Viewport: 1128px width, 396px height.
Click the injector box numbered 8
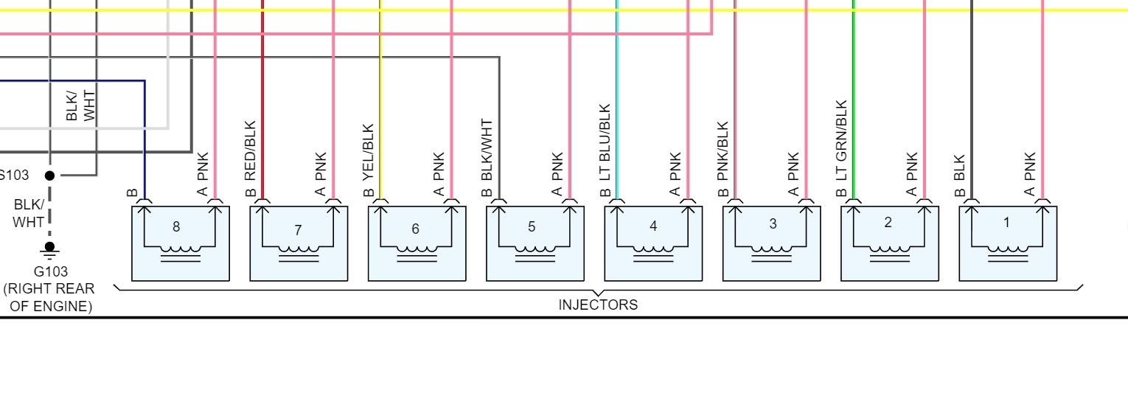pos(181,243)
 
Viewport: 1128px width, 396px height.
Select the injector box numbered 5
pos(535,243)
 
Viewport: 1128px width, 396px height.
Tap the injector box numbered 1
pos(1008,243)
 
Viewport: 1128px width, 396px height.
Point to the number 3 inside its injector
pos(773,224)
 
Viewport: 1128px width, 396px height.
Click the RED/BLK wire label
pos(250,151)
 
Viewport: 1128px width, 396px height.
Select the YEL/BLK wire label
pos(369,153)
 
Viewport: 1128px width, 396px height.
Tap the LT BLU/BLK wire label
pos(605,143)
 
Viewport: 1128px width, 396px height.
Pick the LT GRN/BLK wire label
pos(841,141)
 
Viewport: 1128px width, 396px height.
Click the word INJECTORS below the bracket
pos(598,305)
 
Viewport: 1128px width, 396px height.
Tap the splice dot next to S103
pos(49,176)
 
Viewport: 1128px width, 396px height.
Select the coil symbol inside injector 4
pos(653,251)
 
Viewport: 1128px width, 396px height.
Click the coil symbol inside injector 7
pos(299,251)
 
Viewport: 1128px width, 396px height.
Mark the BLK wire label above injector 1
pos(959,167)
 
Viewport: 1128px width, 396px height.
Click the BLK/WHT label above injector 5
pos(487,150)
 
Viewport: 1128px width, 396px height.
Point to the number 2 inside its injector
pos(888,223)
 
